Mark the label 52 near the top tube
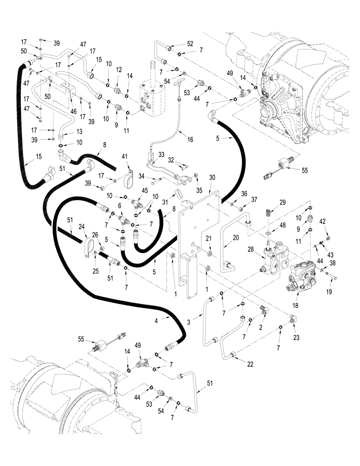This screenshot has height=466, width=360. tap(189, 43)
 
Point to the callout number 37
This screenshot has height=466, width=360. tap(254, 200)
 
